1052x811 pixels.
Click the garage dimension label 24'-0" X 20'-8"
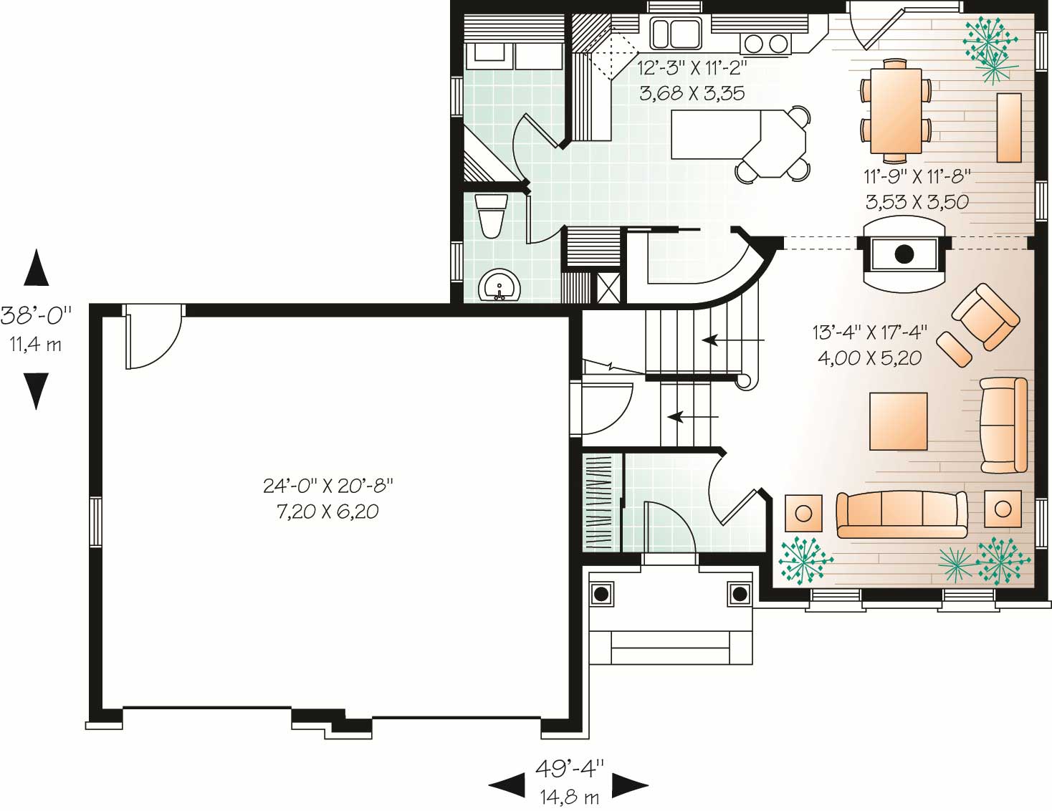(x=327, y=486)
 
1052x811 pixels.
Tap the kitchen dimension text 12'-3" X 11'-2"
(x=692, y=69)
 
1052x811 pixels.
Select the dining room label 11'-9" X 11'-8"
(x=917, y=176)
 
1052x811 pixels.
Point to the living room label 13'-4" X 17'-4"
(x=869, y=332)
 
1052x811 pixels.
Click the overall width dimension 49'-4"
(x=569, y=769)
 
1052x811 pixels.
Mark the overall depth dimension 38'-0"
(x=36, y=314)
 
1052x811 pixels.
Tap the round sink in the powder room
(x=499, y=287)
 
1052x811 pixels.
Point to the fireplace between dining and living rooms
(x=904, y=254)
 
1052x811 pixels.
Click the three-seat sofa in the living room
(x=902, y=514)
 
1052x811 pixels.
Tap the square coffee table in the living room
(x=898, y=421)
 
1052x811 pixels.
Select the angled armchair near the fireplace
(x=985, y=317)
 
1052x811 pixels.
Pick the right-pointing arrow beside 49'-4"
(x=630, y=785)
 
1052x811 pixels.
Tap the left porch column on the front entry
(x=601, y=593)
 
